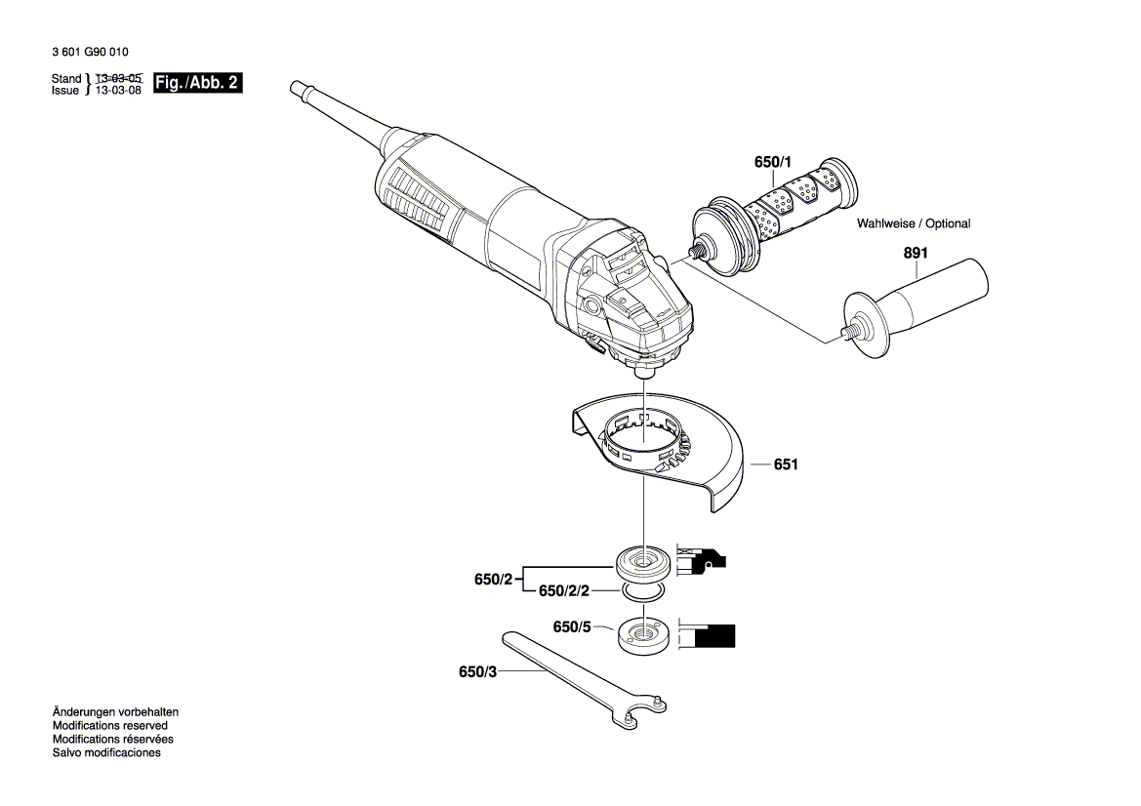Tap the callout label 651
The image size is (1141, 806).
point(786,465)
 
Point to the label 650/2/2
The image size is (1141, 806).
point(565,591)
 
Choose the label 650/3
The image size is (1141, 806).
point(477,672)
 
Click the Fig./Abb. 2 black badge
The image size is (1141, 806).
point(198,83)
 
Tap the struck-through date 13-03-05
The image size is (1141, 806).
point(120,77)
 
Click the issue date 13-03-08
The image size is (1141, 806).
point(120,90)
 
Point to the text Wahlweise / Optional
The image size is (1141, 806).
point(914,223)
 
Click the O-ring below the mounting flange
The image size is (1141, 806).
point(642,591)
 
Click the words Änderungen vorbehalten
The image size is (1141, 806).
point(115,712)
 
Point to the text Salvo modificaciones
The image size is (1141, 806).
point(106,752)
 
